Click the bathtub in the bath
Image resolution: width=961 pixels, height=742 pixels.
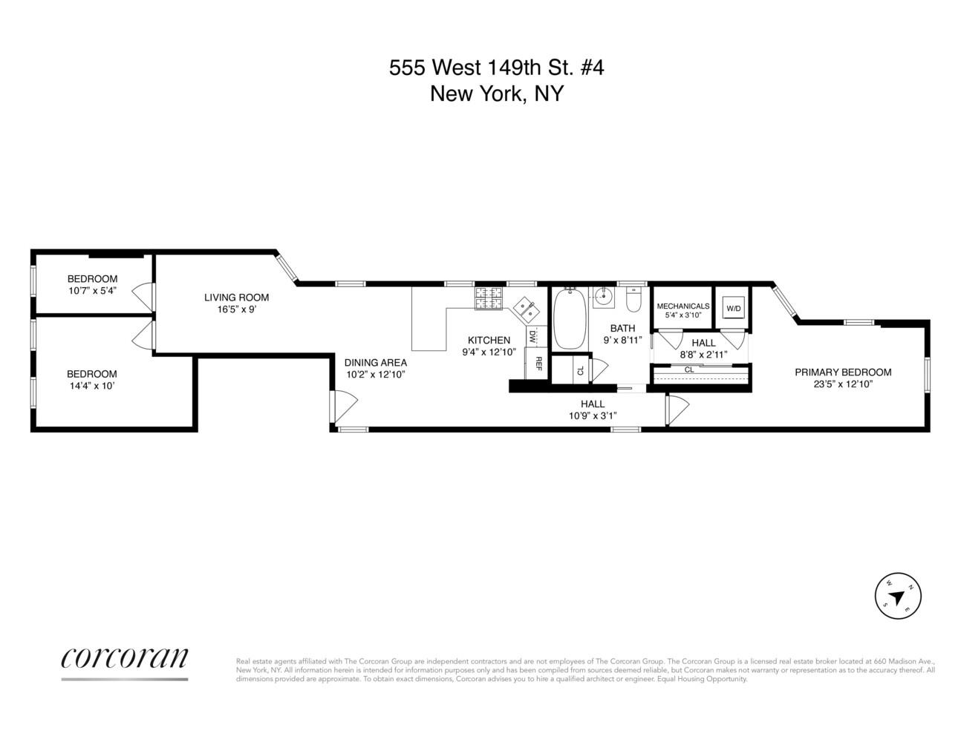click(570, 319)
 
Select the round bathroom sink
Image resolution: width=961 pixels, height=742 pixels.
click(603, 298)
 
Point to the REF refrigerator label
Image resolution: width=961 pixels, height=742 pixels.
click(538, 364)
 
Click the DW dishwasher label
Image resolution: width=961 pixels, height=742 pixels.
click(532, 336)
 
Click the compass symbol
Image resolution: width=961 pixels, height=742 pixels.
click(897, 596)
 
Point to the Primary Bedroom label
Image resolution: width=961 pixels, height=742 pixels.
click(843, 372)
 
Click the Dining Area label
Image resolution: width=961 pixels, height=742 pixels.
click(375, 363)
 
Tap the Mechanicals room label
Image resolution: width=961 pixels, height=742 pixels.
click(683, 306)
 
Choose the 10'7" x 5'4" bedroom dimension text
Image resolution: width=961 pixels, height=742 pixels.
click(92, 290)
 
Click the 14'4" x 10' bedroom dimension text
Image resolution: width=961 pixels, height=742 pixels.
click(91, 386)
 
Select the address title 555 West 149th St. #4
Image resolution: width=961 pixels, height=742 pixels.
click(497, 68)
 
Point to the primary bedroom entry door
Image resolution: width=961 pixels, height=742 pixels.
click(677, 408)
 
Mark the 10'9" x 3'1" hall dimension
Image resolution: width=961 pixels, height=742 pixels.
click(592, 416)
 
